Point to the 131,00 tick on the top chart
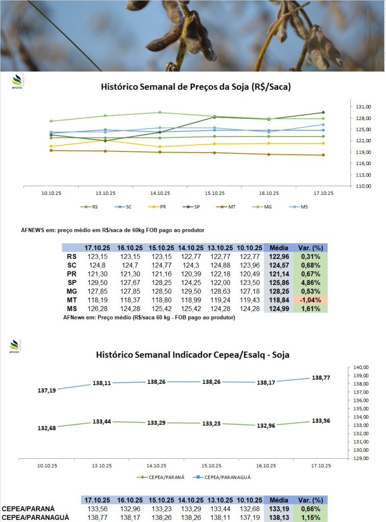pyautogui.click(x=363, y=107)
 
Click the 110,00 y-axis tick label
pyautogui.click(x=363, y=186)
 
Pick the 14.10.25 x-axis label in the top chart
pyautogui.click(x=160, y=193)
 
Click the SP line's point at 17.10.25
pyautogui.click(x=323, y=113)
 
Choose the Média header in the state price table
pyautogui.click(x=278, y=247)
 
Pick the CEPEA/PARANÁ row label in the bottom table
pyautogui.click(x=28, y=509)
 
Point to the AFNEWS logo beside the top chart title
pyautogui.click(x=17, y=82)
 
